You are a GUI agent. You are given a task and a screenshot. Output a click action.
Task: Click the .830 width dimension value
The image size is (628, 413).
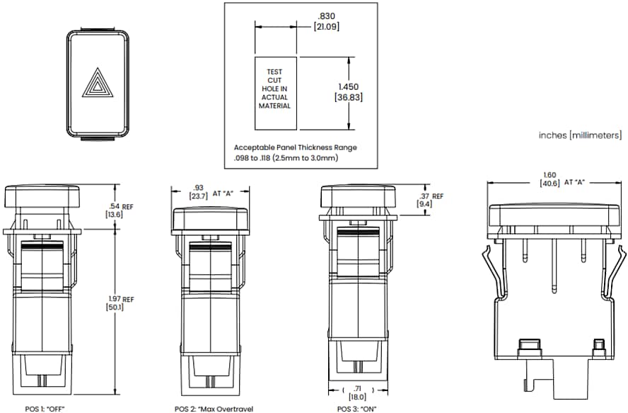click(x=326, y=16)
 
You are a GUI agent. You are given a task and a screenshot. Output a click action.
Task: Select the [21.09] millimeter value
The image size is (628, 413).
click(x=326, y=27)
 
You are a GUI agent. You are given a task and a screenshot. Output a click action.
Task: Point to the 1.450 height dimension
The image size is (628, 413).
click(x=348, y=86)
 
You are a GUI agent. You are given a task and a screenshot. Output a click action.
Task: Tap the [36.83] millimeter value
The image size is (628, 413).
click(x=348, y=97)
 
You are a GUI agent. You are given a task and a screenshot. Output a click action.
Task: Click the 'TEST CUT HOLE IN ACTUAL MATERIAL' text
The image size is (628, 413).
click(x=274, y=89)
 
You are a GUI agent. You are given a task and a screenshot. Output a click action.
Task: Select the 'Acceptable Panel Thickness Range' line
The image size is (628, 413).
click(x=295, y=147)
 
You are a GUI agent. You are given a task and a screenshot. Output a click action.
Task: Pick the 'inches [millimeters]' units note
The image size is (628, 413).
click(x=580, y=135)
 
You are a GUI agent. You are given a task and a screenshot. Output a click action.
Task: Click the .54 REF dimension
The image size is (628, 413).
click(x=119, y=206)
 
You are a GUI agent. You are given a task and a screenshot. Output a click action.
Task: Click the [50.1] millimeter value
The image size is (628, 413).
click(x=115, y=308)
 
